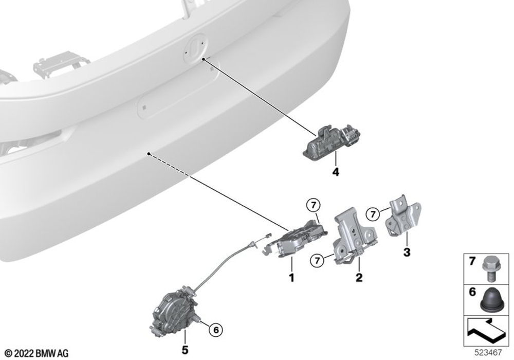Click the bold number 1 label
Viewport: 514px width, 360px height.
coord(291,278)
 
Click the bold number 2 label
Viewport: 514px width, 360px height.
coord(359,278)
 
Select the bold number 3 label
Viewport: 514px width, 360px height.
coord(407,253)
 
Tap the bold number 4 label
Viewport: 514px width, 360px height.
coord(336,172)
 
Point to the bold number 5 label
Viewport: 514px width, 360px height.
coord(185,350)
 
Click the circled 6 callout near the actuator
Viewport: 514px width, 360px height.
coord(216,330)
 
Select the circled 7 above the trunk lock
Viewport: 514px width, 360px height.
coord(314,206)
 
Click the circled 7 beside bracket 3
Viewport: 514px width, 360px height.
coord(373,215)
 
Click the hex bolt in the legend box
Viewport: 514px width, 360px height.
coord(489,269)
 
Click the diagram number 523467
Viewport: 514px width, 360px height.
coord(488,352)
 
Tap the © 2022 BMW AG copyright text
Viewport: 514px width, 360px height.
coord(37,353)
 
